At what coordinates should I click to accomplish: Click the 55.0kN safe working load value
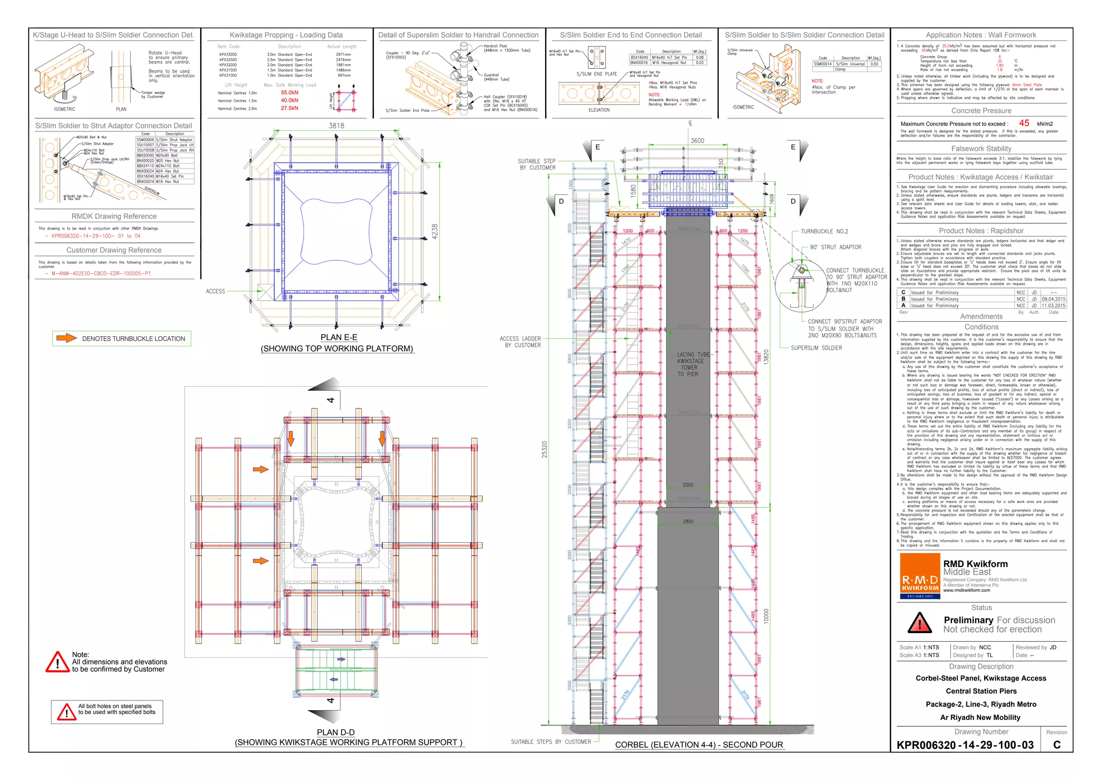point(289,93)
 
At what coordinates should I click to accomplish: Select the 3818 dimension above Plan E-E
point(336,125)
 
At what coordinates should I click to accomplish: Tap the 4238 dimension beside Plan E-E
point(435,231)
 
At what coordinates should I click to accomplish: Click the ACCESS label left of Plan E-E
point(215,291)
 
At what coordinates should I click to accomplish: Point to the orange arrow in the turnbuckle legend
point(67,338)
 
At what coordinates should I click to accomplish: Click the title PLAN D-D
point(335,732)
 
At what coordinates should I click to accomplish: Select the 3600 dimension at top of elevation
point(697,140)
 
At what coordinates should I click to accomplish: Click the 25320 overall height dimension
point(545,449)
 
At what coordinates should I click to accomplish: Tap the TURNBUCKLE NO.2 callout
point(824,231)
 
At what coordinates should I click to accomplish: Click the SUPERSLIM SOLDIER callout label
point(816,348)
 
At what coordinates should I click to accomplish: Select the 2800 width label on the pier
point(688,521)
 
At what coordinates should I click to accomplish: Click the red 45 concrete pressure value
point(1024,123)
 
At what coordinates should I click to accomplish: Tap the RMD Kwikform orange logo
point(920,576)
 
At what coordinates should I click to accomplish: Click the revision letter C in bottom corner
point(1056,745)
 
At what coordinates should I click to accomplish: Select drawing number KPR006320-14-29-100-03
point(965,745)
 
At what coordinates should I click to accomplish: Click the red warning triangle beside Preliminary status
point(920,623)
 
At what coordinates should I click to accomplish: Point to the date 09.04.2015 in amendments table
point(1053,299)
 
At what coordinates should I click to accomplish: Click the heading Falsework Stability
point(981,148)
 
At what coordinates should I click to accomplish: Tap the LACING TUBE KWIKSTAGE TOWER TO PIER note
point(691,364)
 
